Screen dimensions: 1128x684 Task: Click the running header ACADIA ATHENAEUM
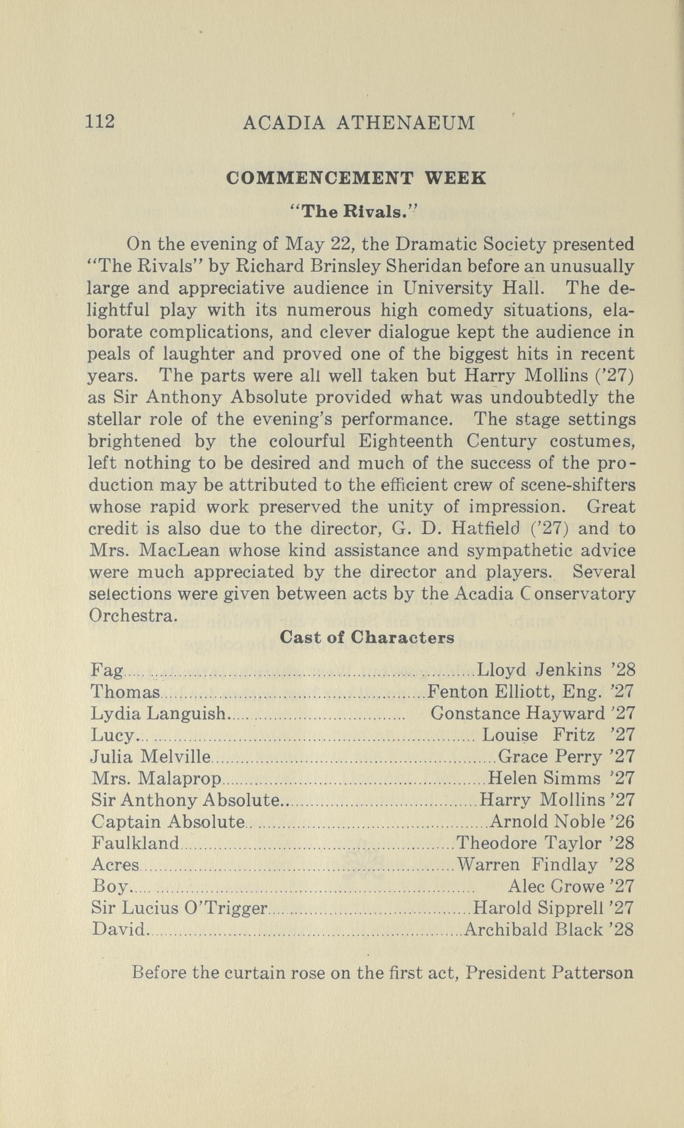tap(359, 123)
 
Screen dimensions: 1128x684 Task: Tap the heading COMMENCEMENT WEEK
tap(356, 178)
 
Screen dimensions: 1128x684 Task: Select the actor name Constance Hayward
tap(517, 713)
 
